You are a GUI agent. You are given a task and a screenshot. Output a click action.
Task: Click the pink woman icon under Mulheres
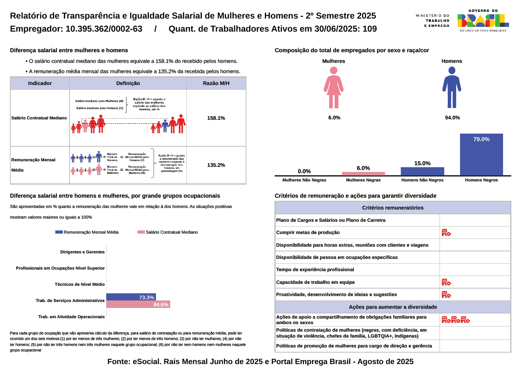334,87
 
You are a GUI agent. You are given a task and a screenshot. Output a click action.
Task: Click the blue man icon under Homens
452,87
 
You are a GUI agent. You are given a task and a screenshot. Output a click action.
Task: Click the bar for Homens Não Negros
422,171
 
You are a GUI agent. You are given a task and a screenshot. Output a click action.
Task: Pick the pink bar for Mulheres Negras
363,174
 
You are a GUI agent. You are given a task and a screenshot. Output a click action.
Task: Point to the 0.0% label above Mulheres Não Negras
304,171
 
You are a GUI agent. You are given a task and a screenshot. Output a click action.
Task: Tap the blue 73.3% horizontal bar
131,297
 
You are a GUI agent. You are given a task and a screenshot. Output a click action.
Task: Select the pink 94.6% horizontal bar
138,304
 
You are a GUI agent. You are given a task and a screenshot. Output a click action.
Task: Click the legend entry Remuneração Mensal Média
87,232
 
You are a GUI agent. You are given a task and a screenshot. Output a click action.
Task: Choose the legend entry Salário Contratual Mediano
168,232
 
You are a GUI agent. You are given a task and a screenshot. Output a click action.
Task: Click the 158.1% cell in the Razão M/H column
216,118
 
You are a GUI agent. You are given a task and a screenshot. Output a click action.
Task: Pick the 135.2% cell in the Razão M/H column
216,165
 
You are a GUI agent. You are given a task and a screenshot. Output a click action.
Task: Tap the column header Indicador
40,83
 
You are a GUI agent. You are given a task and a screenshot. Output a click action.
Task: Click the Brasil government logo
483,21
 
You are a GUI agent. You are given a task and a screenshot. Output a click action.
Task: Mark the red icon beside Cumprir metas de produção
446,233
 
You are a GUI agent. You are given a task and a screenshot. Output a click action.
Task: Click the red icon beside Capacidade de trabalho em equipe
446,282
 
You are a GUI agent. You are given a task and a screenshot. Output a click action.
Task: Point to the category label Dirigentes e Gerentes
82,252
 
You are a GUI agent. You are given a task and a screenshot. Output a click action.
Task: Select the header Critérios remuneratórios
393,208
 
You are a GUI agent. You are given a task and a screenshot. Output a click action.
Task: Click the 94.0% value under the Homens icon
452,118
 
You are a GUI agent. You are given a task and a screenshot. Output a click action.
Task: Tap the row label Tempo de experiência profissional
315,270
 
